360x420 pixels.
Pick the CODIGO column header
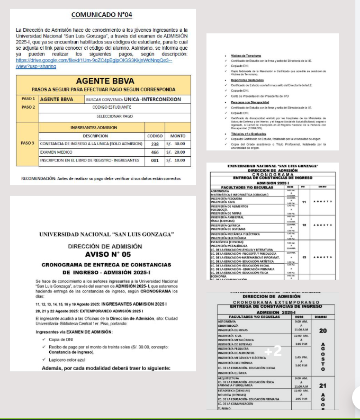coord(155,135)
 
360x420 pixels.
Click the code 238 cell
coord(155,144)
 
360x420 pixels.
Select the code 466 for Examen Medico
coord(155,151)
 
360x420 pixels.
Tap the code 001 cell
coord(155,160)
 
